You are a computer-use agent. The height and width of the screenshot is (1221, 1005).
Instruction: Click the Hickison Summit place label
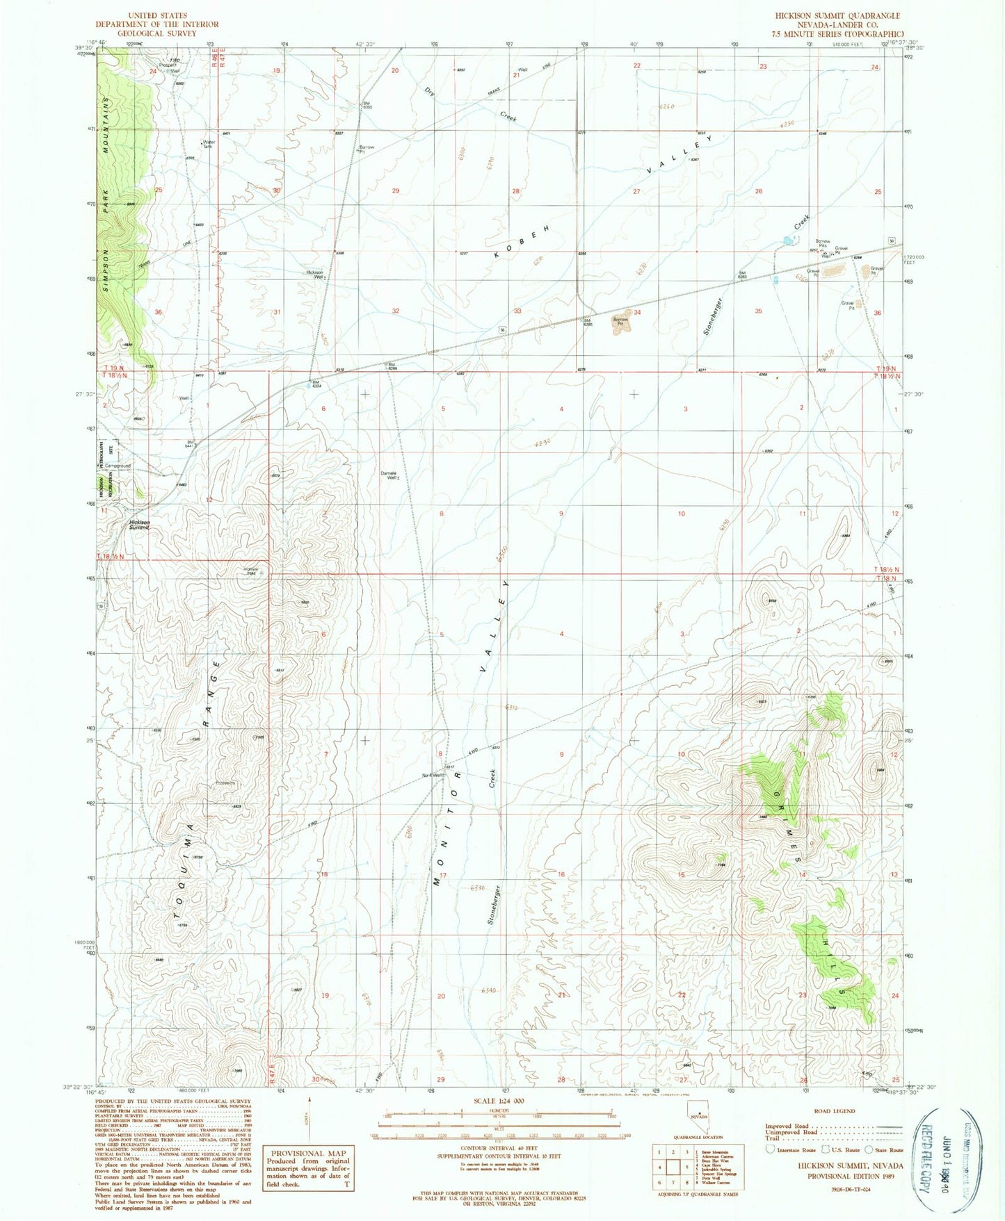point(139,525)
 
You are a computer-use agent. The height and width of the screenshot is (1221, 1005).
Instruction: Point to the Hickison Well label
point(314,274)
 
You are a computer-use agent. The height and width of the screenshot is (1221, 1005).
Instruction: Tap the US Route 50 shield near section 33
point(501,329)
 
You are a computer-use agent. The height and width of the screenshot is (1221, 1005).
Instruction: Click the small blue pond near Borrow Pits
point(787,240)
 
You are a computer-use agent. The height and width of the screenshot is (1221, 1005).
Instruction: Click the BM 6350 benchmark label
point(367,105)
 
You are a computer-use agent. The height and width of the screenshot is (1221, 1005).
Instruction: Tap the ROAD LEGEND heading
point(833,1111)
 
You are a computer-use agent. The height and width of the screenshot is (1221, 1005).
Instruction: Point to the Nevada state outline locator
point(698,1121)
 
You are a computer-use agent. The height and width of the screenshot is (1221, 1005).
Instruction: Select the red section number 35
point(758,311)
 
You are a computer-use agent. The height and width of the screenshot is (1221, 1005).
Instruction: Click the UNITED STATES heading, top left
point(158,15)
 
